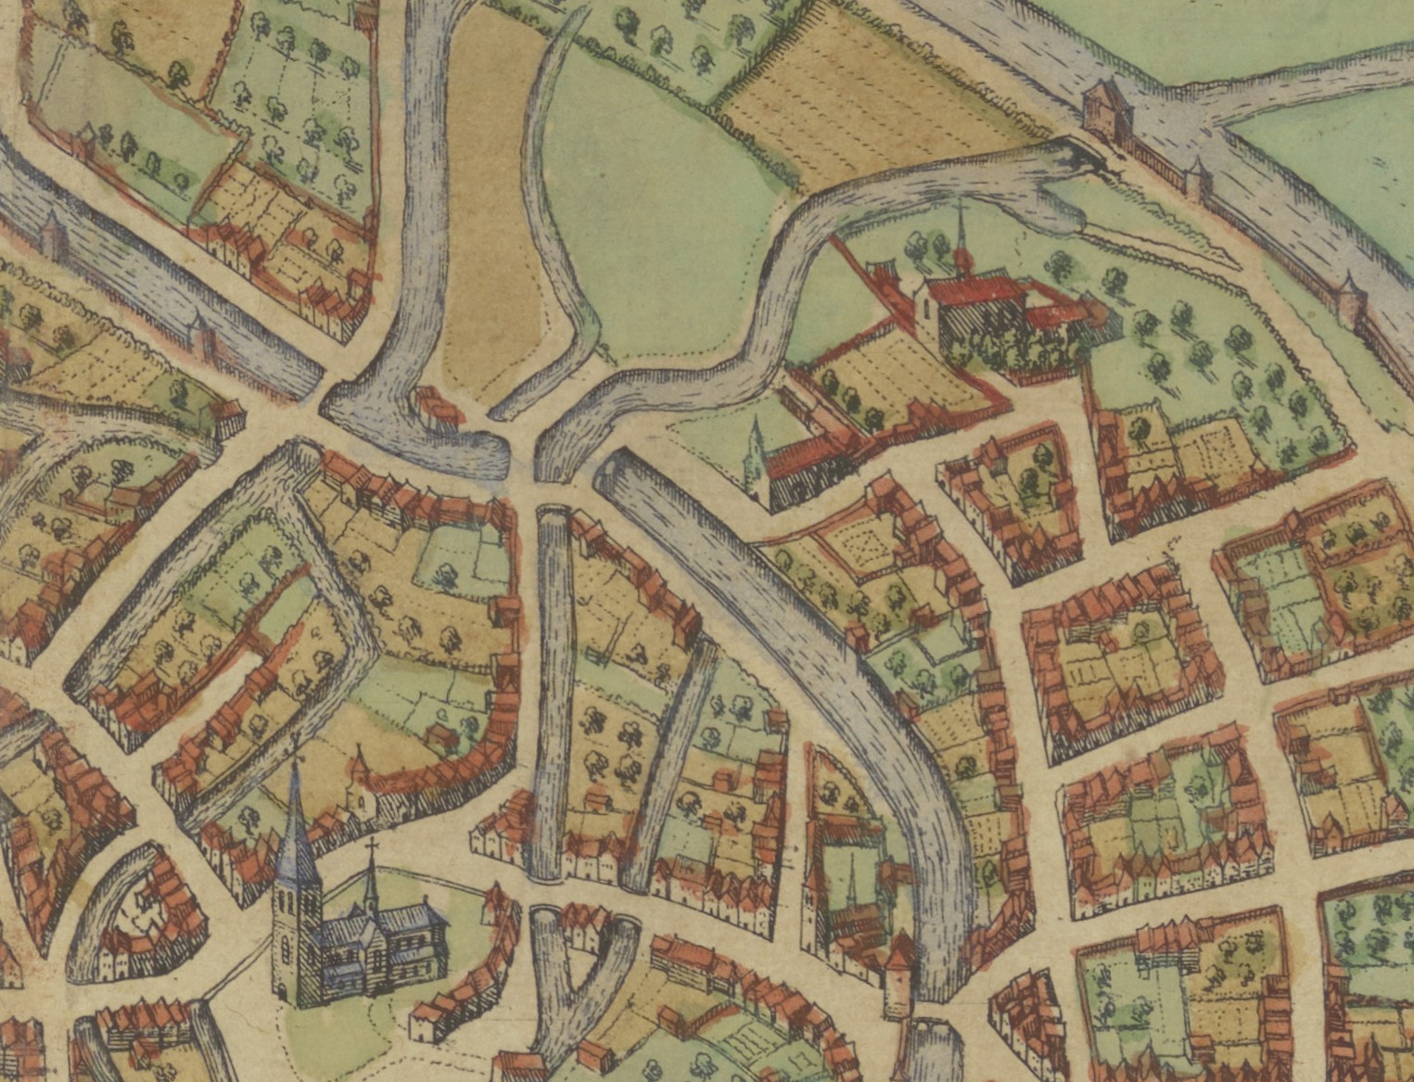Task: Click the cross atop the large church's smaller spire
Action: (x=372, y=846)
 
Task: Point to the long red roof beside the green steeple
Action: (x=811, y=454)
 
